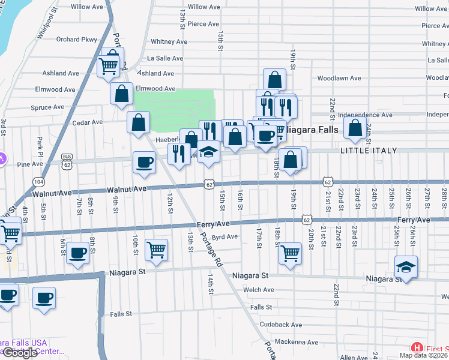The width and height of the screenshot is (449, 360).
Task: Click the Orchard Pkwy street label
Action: click(76, 40)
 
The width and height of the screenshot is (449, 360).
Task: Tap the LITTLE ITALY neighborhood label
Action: click(369, 150)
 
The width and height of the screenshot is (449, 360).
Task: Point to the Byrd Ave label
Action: click(225, 236)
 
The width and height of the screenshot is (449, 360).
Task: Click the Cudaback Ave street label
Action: click(281, 324)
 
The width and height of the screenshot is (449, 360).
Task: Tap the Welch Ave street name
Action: click(259, 290)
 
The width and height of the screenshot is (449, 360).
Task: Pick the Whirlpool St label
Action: click(47, 25)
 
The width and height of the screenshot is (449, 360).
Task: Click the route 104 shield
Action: click(39, 181)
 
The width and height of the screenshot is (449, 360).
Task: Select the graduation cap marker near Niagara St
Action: click(406, 266)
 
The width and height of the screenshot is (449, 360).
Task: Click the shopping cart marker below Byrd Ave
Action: click(156, 248)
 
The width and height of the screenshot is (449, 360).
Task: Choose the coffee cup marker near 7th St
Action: click(77, 252)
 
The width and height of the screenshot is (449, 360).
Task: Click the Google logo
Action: click(19, 353)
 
